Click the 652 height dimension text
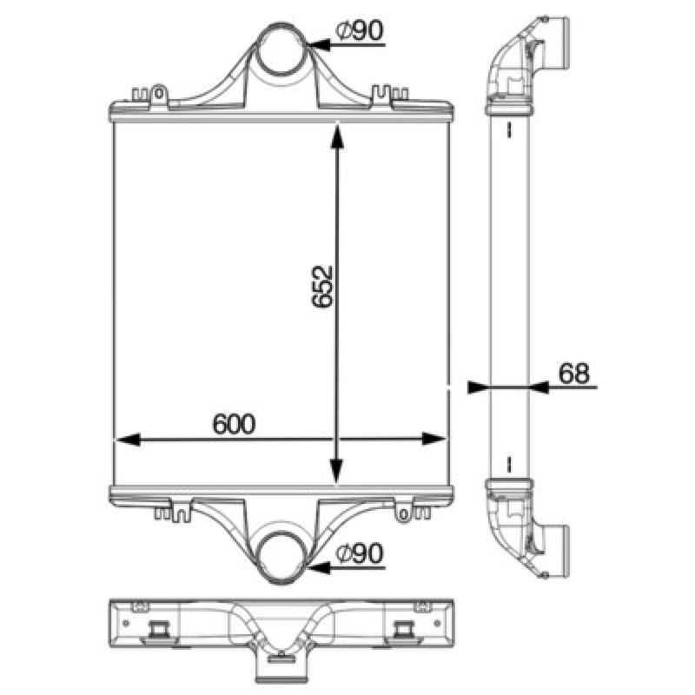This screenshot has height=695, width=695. [322, 287]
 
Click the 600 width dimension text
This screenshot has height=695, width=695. [234, 424]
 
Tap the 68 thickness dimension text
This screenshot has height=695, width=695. [574, 373]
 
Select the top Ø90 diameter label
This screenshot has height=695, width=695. [360, 30]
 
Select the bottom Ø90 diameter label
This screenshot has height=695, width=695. [360, 553]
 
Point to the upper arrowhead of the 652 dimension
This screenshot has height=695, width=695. [337, 138]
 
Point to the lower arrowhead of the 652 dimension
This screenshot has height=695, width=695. [337, 471]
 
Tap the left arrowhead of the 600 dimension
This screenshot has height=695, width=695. [128, 440]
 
